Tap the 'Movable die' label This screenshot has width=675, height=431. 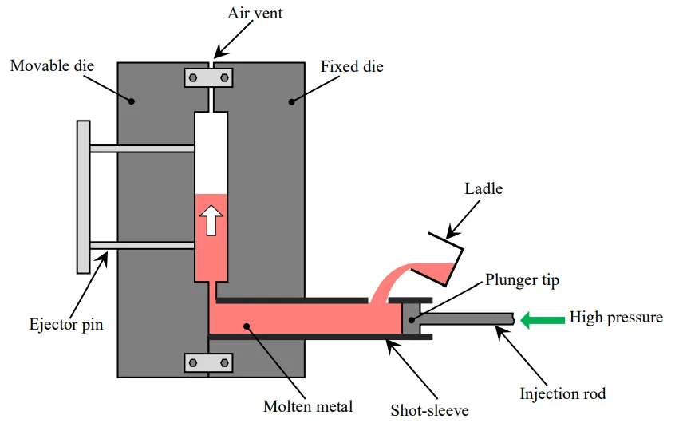[52, 65]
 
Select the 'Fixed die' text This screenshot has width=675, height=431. [352, 66]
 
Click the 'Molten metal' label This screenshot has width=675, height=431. [308, 407]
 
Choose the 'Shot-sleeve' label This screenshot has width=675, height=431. [429, 411]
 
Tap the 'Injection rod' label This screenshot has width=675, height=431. [562, 393]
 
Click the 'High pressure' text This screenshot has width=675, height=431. [616, 318]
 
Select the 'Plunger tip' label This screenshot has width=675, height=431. [523, 280]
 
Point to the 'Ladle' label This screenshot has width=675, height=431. [484, 189]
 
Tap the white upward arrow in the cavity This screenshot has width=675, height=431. [211, 219]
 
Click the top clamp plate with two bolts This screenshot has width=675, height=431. [208, 78]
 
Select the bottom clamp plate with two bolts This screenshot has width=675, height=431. [208, 362]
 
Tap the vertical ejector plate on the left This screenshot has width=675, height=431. [83, 196]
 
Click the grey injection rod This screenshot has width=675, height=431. [471, 319]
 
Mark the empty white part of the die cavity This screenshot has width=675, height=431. [211, 152]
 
